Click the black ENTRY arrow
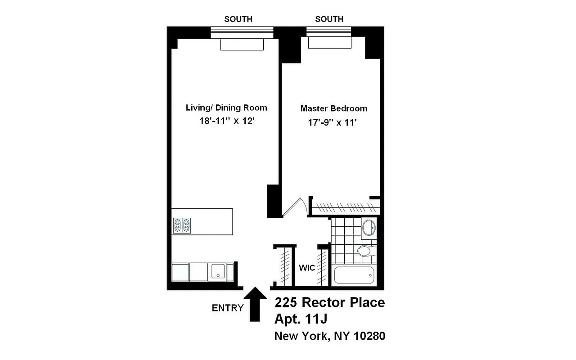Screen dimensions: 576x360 (254, 306)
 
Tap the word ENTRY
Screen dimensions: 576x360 (227, 308)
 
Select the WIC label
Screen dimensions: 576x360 (307, 268)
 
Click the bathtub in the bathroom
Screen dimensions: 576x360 (354, 275)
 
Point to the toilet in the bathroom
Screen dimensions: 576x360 (364, 251)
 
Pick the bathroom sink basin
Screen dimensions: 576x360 (369, 227)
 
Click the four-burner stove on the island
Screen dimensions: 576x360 (182, 225)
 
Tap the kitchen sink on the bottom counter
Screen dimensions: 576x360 (219, 272)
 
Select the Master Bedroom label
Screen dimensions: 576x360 (333, 108)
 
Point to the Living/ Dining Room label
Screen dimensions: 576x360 (226, 108)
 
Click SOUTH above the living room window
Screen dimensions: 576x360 (238, 19)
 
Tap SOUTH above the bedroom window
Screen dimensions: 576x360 (329, 19)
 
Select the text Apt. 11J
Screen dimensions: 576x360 (301, 319)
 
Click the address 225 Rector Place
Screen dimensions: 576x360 (329, 302)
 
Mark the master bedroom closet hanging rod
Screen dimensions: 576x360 (345, 208)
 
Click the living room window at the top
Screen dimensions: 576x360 (242, 32)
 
